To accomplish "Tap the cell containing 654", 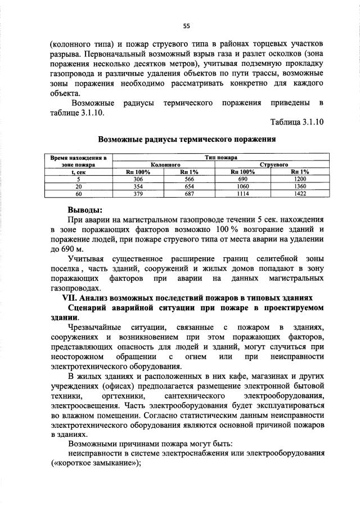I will point(189,186).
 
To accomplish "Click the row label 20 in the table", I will point(79,186).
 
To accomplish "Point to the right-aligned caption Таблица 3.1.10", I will point(296,122).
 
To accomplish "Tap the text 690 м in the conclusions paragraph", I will point(71,248).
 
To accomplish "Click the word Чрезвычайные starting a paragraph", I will point(93,327).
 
